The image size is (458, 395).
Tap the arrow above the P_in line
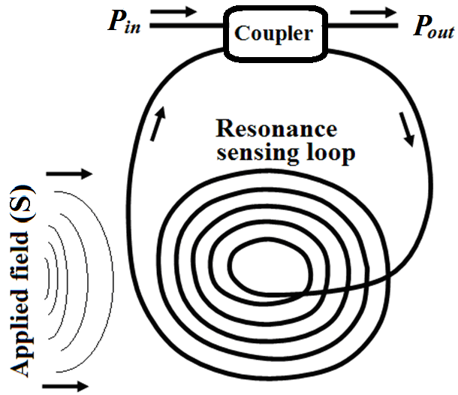178,11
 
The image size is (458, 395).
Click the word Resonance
276,129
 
